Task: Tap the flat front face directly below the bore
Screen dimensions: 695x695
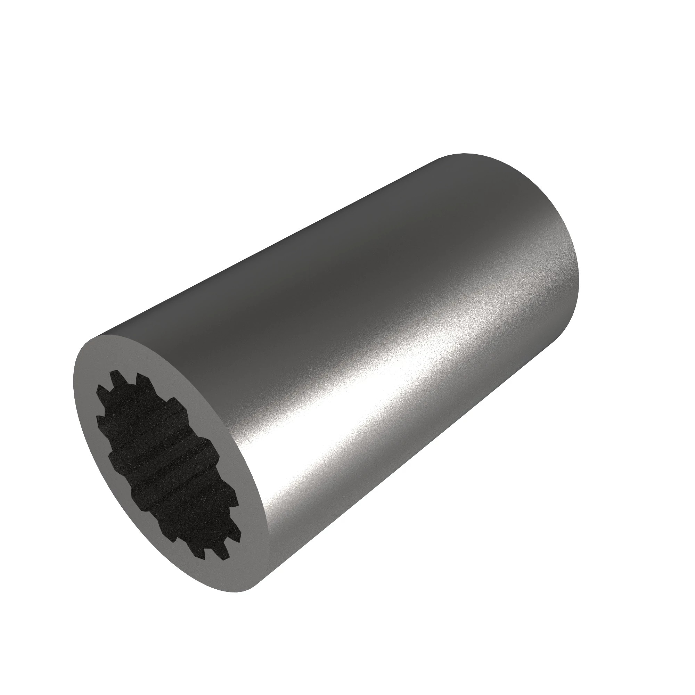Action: [230, 575]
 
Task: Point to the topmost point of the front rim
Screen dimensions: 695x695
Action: [108, 335]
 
